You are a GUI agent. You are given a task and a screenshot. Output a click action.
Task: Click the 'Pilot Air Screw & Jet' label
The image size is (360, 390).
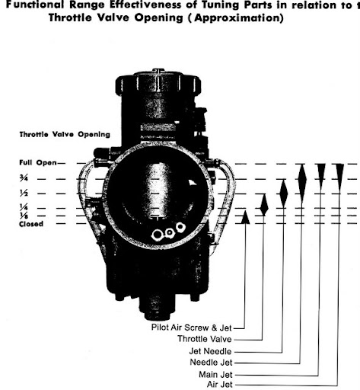tap(192, 328)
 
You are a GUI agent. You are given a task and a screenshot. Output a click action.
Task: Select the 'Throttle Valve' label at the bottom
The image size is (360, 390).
tap(205, 339)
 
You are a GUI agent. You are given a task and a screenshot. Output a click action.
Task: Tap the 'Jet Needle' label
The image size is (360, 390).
tap(210, 351)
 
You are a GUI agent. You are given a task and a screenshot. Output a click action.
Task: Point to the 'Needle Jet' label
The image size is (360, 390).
tap(211, 363)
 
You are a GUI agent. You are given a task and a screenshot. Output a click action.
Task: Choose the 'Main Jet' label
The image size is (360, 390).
tap(215, 375)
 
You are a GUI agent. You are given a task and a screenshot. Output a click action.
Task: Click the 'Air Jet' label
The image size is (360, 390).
tap(220, 385)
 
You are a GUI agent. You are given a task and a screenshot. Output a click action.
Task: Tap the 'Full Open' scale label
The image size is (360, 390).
tap(38, 162)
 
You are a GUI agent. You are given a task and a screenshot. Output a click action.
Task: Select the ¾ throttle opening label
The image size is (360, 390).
tap(24, 179)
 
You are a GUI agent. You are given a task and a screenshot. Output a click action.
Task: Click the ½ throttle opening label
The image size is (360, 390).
tap(24, 193)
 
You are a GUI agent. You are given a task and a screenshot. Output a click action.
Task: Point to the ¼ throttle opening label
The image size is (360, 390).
tap(24, 207)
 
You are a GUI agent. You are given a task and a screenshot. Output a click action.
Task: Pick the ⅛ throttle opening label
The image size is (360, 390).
tap(24, 216)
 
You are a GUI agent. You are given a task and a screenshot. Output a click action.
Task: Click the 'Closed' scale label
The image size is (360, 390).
tap(31, 224)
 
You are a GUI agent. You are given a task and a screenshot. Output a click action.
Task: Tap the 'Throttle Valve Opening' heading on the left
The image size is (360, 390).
tap(65, 135)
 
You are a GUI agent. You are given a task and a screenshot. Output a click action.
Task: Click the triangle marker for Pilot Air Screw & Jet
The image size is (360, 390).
tap(245, 217)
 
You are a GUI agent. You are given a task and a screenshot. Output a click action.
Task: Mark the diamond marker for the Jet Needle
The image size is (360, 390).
tap(284, 193)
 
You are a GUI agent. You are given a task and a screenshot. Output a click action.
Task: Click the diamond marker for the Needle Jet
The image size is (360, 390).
tap(302, 184)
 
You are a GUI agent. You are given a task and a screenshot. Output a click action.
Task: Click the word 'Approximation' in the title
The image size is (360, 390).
tap(238, 18)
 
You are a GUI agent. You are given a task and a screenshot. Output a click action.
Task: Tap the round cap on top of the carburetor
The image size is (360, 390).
tap(158, 82)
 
